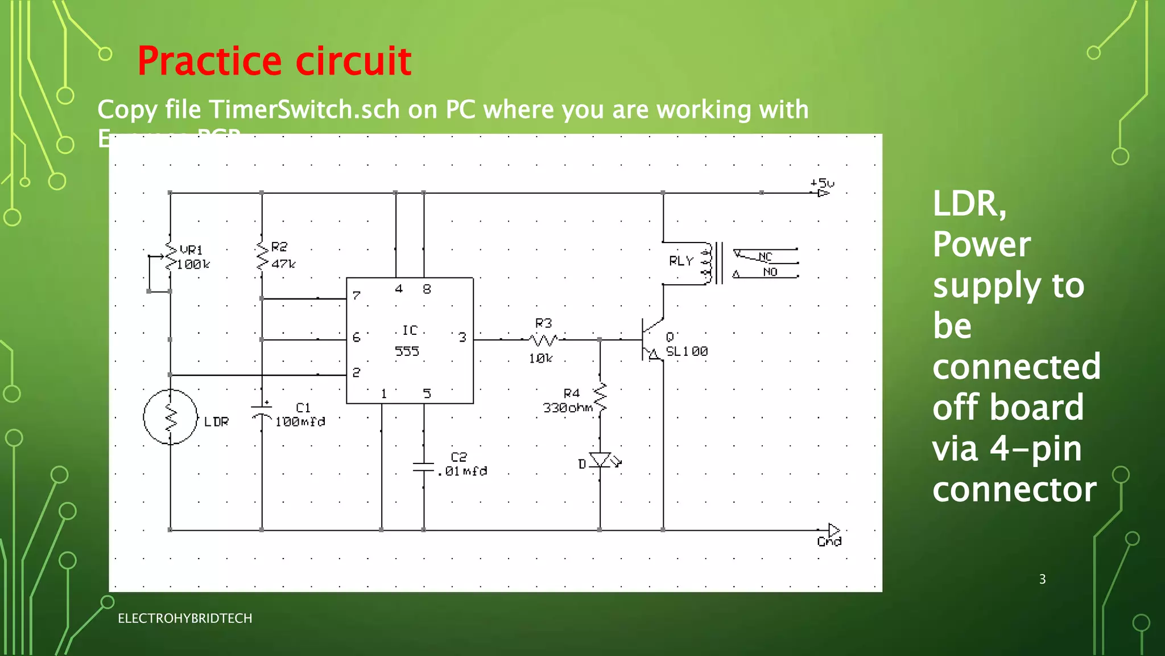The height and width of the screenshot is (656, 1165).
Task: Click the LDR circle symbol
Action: [170, 417]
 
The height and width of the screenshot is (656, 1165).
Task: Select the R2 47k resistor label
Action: [283, 255]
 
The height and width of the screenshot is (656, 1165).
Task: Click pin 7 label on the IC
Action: [356, 296]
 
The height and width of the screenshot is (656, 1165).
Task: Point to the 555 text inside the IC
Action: [407, 351]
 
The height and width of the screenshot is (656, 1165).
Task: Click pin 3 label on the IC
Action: [462, 338]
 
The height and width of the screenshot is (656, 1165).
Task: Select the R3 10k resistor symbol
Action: [543, 341]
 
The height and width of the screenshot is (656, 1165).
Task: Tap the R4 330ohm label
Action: [568, 401]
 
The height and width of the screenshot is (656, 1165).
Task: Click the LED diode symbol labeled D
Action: [600, 460]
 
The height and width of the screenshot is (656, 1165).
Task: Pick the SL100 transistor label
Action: [687, 351]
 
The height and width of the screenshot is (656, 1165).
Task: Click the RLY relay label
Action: [681, 261]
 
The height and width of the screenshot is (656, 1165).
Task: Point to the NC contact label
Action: [765, 257]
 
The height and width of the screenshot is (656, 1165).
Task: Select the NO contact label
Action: [770, 272]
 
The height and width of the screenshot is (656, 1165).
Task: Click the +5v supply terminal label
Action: [822, 183]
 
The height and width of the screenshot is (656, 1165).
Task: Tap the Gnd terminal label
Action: [829, 542]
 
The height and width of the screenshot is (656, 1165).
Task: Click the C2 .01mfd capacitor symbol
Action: [424, 468]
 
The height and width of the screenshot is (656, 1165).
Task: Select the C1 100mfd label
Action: [300, 415]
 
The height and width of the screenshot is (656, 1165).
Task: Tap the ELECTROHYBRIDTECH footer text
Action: [185, 618]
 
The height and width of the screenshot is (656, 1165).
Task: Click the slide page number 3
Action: [1042, 579]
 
